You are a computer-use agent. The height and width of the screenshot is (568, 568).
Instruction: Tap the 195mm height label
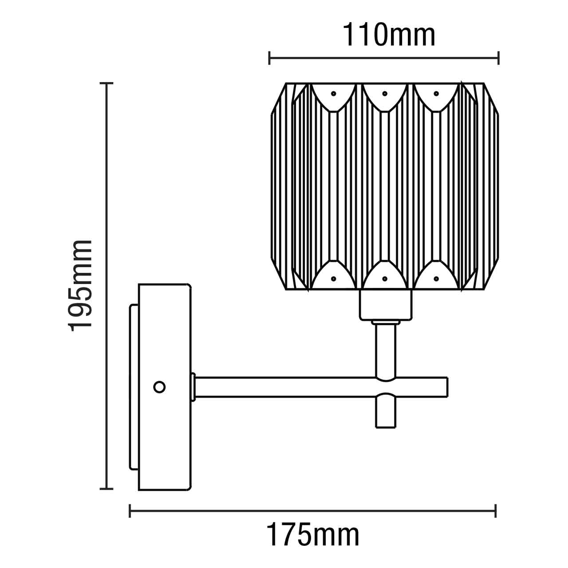(x=81, y=284)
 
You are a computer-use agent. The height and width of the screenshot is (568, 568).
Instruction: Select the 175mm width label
(x=312, y=536)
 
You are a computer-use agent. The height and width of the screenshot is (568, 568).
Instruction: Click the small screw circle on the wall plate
(x=159, y=387)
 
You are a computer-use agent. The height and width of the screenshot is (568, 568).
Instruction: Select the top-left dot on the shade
(x=333, y=94)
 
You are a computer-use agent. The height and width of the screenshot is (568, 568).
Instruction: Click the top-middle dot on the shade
(x=385, y=94)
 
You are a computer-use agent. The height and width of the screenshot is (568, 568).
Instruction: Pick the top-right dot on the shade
(x=436, y=94)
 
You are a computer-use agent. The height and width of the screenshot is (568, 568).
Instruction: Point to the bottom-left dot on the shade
(x=333, y=279)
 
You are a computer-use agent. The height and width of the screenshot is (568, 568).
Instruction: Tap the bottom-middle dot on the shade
(x=385, y=279)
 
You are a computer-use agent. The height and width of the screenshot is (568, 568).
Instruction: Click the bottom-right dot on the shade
(x=436, y=279)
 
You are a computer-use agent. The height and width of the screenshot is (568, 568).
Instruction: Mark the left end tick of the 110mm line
(x=269, y=58)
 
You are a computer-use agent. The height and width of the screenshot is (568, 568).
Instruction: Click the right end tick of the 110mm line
(x=499, y=58)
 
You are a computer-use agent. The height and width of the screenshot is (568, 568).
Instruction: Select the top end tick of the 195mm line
(x=106, y=83)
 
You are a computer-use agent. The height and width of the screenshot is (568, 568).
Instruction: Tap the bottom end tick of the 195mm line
(x=106, y=489)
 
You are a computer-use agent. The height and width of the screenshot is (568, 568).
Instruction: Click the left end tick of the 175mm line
(x=130, y=510)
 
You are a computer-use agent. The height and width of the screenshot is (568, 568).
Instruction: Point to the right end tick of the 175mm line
(x=496, y=510)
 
